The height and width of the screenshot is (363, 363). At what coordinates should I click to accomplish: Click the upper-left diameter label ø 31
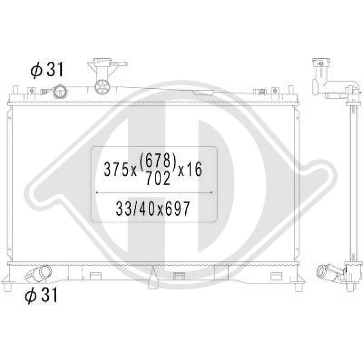47,69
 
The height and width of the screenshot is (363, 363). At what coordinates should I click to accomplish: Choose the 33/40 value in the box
136,208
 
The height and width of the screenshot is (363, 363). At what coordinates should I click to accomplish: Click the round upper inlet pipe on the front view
60,92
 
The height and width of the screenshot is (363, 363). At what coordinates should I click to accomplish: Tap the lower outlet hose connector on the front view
39,274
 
